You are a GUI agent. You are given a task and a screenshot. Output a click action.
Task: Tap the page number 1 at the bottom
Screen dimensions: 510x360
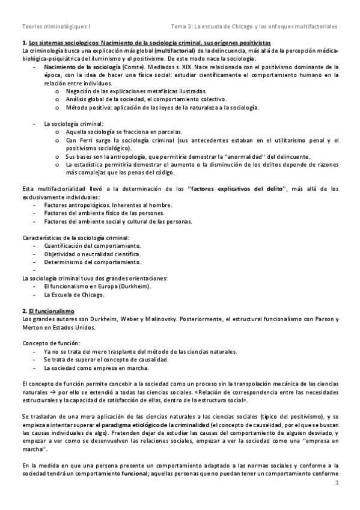point(338,483)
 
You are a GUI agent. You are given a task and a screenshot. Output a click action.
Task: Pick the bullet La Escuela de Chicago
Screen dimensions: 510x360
point(74,295)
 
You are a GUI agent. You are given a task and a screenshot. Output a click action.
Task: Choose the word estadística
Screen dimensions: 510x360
point(93,164)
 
